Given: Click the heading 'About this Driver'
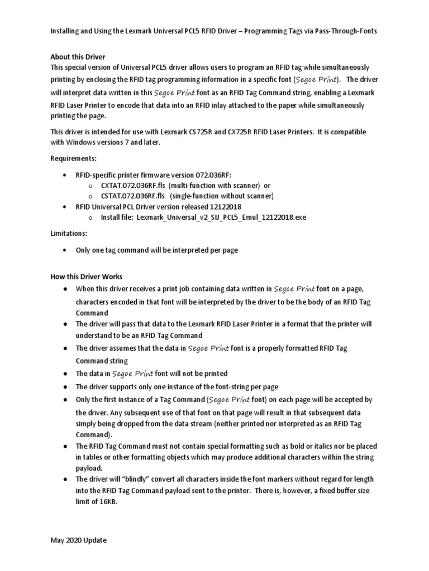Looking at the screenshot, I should coord(78,57).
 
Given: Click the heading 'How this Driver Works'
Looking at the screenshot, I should coord(86,277).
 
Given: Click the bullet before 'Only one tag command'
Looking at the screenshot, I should coord(67,250).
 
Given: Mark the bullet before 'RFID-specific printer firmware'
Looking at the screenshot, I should coord(67,175).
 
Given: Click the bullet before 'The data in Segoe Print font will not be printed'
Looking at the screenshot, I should coord(66,373).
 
